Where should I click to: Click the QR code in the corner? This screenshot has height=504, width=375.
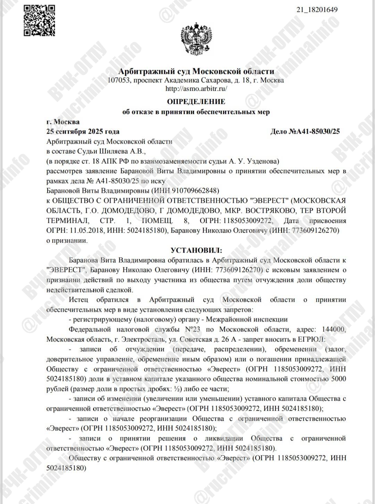(39, 21)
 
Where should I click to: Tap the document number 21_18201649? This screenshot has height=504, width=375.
(317, 9)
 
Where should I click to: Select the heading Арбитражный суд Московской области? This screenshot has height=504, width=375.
(196, 71)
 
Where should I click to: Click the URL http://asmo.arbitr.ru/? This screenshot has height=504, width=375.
(196, 88)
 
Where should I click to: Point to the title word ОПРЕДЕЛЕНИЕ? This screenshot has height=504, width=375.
(196, 102)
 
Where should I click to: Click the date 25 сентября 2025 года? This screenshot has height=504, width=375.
(83, 131)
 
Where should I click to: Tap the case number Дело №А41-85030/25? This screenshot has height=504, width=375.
(305, 131)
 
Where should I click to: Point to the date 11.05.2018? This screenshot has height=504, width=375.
(83, 230)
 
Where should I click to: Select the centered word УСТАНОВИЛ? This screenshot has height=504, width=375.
(196, 250)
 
